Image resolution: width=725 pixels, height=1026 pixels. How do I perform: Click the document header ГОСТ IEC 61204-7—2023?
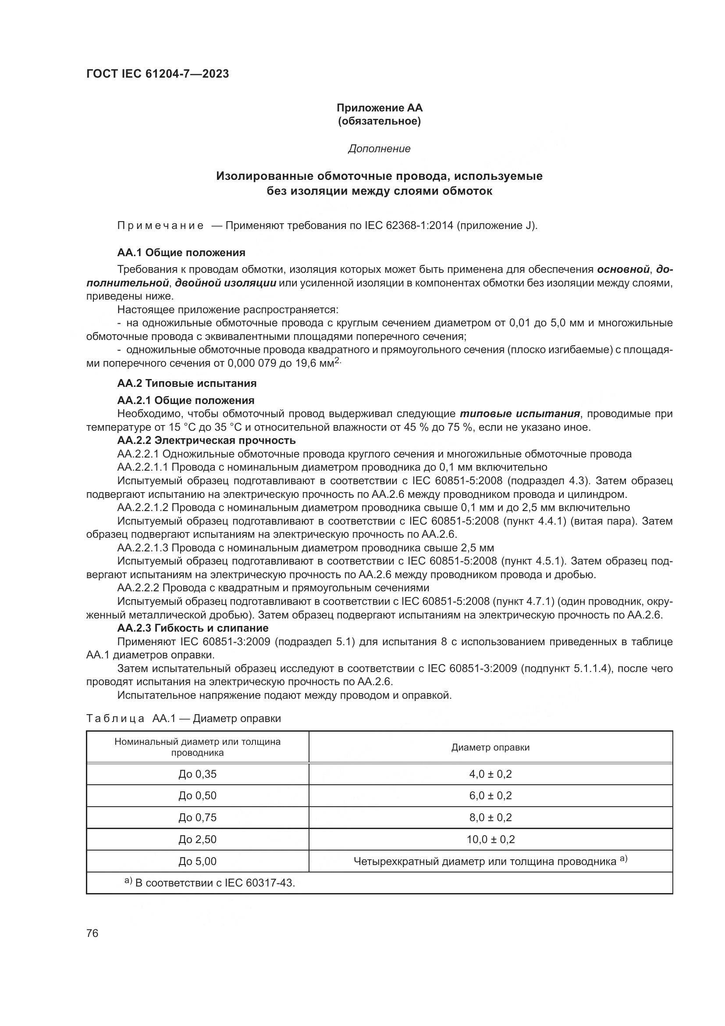[157, 74]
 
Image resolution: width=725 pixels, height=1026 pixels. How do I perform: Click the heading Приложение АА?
[379, 108]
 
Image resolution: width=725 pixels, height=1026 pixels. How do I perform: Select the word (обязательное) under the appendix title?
[379, 122]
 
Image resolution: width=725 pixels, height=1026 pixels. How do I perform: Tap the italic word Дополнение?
[379, 149]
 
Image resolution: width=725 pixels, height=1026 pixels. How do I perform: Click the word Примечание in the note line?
[161, 225]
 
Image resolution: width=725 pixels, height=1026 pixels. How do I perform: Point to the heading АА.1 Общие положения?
[181, 253]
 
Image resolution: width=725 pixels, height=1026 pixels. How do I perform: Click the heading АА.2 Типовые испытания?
[187, 383]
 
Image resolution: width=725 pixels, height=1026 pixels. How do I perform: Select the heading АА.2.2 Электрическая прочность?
[206, 440]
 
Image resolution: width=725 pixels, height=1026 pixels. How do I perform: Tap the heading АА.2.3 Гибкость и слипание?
[193, 628]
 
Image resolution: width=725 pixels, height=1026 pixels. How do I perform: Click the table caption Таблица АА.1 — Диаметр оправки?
[184, 719]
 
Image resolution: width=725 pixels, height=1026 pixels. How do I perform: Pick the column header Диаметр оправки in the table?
[490, 747]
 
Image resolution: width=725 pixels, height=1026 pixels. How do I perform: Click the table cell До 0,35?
[197, 774]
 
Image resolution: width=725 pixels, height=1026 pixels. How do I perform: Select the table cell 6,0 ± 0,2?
[490, 796]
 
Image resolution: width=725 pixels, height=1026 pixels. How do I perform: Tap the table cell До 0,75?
[197, 817]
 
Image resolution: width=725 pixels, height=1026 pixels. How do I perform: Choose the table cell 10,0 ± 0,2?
[490, 839]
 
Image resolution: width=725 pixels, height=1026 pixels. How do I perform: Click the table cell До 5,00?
[197, 861]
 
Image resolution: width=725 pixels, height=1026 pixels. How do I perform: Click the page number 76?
[92, 933]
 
